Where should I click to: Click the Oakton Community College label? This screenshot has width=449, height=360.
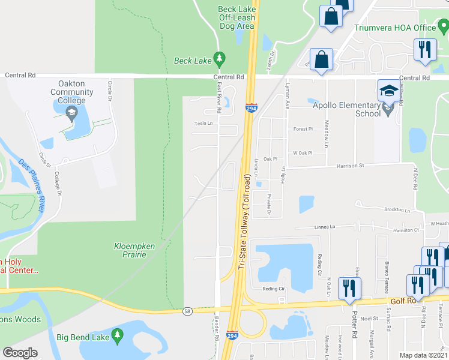tap(76, 92)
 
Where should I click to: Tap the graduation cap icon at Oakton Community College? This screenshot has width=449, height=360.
tap(71, 112)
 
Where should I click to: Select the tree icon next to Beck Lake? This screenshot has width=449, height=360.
tap(220, 59)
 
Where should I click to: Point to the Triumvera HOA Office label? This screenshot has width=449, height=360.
tap(394, 28)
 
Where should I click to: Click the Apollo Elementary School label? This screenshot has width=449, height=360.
tap(346, 109)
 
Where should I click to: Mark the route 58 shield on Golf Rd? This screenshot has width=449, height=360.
tap(188, 311)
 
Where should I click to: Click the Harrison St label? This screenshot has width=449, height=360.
tap(350, 166)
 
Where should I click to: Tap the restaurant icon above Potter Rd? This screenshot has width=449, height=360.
tap(348, 288)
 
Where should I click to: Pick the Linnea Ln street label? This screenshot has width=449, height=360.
tap(324, 227)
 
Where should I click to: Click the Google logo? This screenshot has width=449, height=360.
tap(20, 353)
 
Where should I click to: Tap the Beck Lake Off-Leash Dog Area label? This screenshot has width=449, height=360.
tap(237, 17)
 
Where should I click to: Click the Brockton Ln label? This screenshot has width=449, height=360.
tap(397, 211)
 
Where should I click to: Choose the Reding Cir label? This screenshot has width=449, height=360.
tap(273, 288)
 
